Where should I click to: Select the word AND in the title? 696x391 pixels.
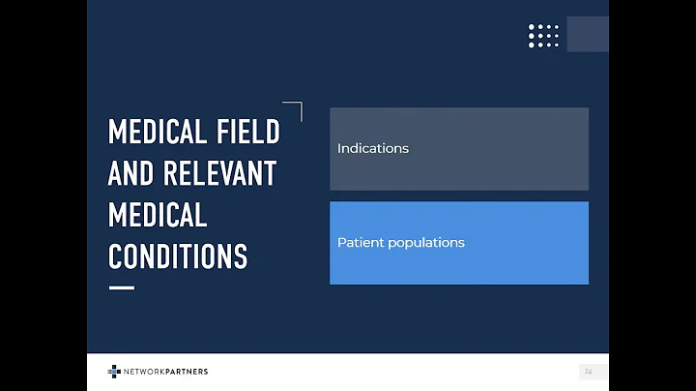tap(130, 173)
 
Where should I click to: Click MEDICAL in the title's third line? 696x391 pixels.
tap(157, 215)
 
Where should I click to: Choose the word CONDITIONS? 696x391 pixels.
tap(178, 256)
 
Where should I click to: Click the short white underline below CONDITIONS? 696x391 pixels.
tap(121, 287)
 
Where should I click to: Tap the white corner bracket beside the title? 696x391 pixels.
tap(294, 109)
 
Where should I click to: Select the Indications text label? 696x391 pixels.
tap(372, 148)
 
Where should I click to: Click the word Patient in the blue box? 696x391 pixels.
tap(359, 243)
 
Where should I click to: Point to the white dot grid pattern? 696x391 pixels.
tap(543, 36)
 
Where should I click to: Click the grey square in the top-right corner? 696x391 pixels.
tap(587, 34)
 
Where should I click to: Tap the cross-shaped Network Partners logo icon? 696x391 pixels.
tap(114, 372)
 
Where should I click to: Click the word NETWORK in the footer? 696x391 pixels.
tap(143, 372)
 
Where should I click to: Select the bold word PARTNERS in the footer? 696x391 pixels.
tap(187, 372)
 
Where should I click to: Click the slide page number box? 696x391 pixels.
tap(588, 372)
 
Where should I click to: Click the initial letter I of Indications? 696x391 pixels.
tap(339, 148)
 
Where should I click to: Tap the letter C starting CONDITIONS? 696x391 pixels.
tap(116, 256)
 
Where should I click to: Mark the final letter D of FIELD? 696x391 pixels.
tap(273, 132)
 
